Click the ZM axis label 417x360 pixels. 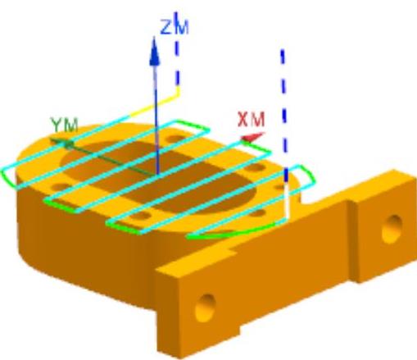pos(175,27)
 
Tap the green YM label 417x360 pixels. pos(65,125)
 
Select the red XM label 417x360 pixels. pos(251,120)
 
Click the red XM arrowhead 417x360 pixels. pos(252,137)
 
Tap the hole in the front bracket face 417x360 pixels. pos(206,308)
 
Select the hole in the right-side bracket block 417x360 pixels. pos(392,229)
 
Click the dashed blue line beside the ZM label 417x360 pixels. pos(177,49)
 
